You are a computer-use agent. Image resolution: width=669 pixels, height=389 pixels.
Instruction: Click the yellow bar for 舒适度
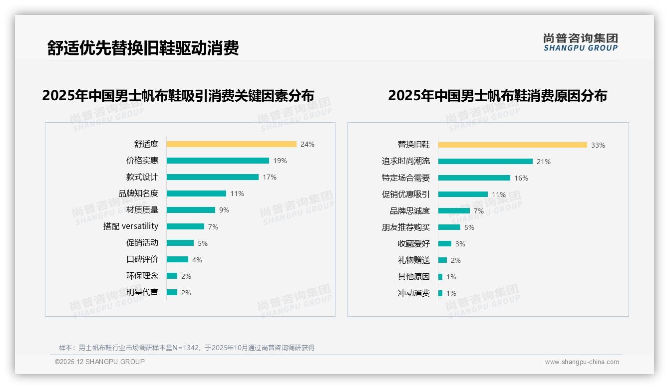pyautogui.click(x=231, y=144)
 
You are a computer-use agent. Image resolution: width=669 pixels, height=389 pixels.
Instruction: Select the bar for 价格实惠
pyautogui.click(x=218, y=161)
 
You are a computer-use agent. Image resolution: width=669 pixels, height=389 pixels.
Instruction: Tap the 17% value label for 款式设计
pyautogui.click(x=270, y=177)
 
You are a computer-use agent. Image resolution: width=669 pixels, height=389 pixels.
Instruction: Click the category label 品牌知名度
pyautogui.click(x=138, y=194)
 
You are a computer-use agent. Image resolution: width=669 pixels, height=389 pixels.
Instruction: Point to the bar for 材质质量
pyautogui.click(x=191, y=210)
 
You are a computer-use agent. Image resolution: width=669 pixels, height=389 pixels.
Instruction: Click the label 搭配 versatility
pyautogui.click(x=131, y=226)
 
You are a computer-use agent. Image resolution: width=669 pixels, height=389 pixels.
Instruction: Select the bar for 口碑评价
pyautogui.click(x=177, y=259)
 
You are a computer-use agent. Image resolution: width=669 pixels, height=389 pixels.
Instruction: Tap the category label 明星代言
pyautogui.click(x=142, y=292)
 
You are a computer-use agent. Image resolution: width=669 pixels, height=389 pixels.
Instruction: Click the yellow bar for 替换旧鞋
pyautogui.click(x=513, y=145)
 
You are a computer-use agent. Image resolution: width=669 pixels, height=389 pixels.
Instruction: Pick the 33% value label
pyautogui.click(x=598, y=145)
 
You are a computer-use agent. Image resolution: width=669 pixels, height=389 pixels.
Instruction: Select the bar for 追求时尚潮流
pyautogui.click(x=485, y=162)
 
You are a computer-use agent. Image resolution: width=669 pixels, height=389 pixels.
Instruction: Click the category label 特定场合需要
pyautogui.click(x=406, y=178)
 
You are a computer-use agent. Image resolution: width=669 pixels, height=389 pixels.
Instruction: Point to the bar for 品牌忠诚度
pyautogui.click(x=454, y=211)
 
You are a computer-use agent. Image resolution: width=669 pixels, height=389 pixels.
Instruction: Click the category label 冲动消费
pyautogui.click(x=414, y=293)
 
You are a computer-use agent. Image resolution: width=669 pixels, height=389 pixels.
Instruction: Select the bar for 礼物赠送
pyautogui.click(x=442, y=260)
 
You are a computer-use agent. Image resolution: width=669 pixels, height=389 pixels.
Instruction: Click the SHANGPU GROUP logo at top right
pyautogui.click(x=581, y=42)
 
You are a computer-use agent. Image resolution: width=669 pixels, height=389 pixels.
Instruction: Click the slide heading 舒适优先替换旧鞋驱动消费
pyautogui.click(x=143, y=48)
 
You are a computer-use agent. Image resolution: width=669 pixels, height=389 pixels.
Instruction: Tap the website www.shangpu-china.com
pyautogui.click(x=582, y=362)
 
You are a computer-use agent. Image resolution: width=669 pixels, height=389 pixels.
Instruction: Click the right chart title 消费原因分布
pyautogui.click(x=497, y=95)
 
